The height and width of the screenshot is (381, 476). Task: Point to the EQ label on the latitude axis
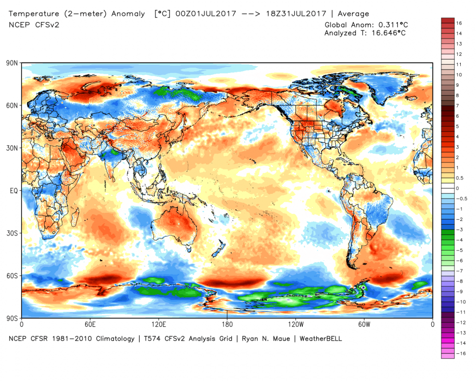point(14,190)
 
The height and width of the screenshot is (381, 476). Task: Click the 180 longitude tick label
point(227,324)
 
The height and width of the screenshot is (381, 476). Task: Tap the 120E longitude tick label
point(158,324)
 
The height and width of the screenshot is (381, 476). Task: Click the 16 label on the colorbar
point(459,23)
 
